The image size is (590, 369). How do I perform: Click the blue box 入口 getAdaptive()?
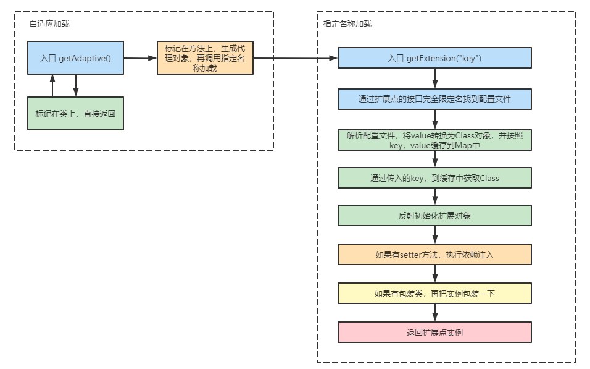pyautogui.click(x=75, y=58)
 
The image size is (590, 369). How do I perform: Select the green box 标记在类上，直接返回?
pyautogui.click(x=75, y=113)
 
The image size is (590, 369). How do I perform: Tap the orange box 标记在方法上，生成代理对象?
pyautogui.click(x=205, y=58)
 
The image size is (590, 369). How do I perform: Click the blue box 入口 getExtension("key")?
pyautogui.click(x=434, y=58)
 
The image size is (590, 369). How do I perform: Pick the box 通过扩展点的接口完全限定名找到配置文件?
pyautogui.click(x=434, y=99)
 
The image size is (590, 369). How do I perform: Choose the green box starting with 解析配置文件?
pyautogui.click(x=434, y=140)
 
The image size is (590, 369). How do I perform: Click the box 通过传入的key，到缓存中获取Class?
pyautogui.click(x=434, y=178)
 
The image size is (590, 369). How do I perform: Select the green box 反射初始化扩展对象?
pyautogui.click(x=434, y=216)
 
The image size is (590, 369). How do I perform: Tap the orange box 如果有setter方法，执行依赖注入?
pyautogui.click(x=434, y=255)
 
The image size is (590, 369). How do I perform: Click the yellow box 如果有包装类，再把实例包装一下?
pyautogui.click(x=434, y=294)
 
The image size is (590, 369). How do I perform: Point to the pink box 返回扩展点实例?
pyautogui.click(x=434, y=332)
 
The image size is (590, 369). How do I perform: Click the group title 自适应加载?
pyautogui.click(x=49, y=23)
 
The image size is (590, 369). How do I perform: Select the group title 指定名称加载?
pyautogui.click(x=347, y=23)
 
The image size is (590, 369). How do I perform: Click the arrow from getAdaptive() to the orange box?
pyautogui.click(x=140, y=58)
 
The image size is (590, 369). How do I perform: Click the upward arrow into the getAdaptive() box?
pyautogui.click(x=52, y=86)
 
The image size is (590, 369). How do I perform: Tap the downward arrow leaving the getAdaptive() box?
pyautogui.click(x=75, y=86)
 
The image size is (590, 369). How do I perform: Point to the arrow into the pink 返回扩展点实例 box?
pyautogui.click(x=435, y=313)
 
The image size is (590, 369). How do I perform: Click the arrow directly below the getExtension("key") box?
pyautogui.click(x=435, y=78)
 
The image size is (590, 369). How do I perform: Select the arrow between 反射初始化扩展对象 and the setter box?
pyautogui.click(x=435, y=235)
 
